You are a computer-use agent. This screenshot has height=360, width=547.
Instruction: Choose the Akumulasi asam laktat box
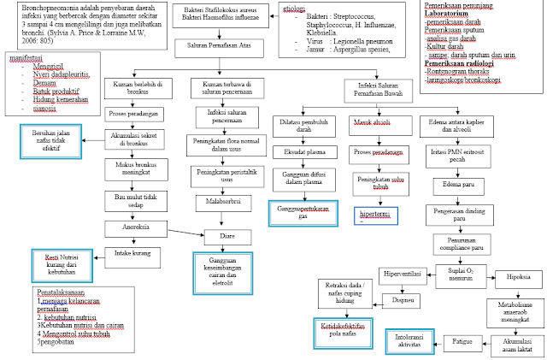tap(511, 343)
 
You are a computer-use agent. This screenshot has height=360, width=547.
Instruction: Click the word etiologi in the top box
tap(294, 9)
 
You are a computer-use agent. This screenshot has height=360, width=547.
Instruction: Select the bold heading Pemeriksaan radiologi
tap(462, 62)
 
